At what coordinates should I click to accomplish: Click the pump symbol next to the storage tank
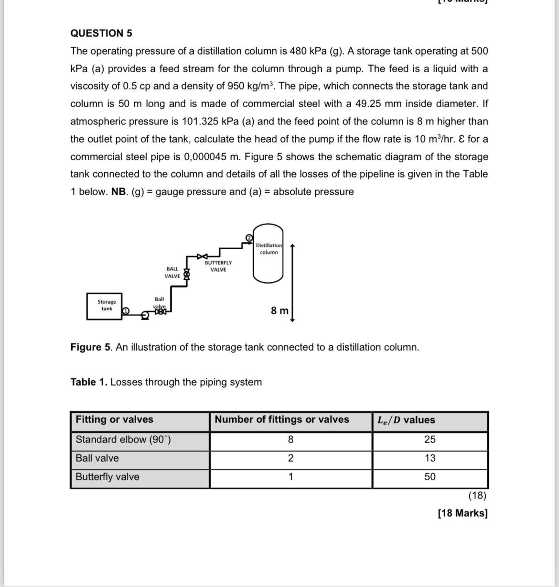[144, 315]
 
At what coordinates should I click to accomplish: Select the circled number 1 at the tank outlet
[126, 310]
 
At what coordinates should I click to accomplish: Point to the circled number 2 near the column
[248, 237]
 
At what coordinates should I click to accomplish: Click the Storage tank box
[104, 306]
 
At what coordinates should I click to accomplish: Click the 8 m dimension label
[279, 310]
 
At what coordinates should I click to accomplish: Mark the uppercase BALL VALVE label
[172, 273]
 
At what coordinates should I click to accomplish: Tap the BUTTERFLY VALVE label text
[218, 266]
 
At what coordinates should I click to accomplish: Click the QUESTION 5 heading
[101, 33]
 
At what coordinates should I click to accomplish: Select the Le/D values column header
[406, 420]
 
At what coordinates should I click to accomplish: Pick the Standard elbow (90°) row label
[123, 440]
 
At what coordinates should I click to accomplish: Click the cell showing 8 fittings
[290, 440]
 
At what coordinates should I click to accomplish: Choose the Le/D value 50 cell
[430, 477]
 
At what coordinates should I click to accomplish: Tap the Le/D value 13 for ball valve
[430, 458]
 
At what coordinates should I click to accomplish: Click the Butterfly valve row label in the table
[107, 477]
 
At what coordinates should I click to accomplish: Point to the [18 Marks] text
[462, 513]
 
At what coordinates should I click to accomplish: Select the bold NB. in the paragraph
[119, 192]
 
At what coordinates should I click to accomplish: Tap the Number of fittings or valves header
[282, 420]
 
